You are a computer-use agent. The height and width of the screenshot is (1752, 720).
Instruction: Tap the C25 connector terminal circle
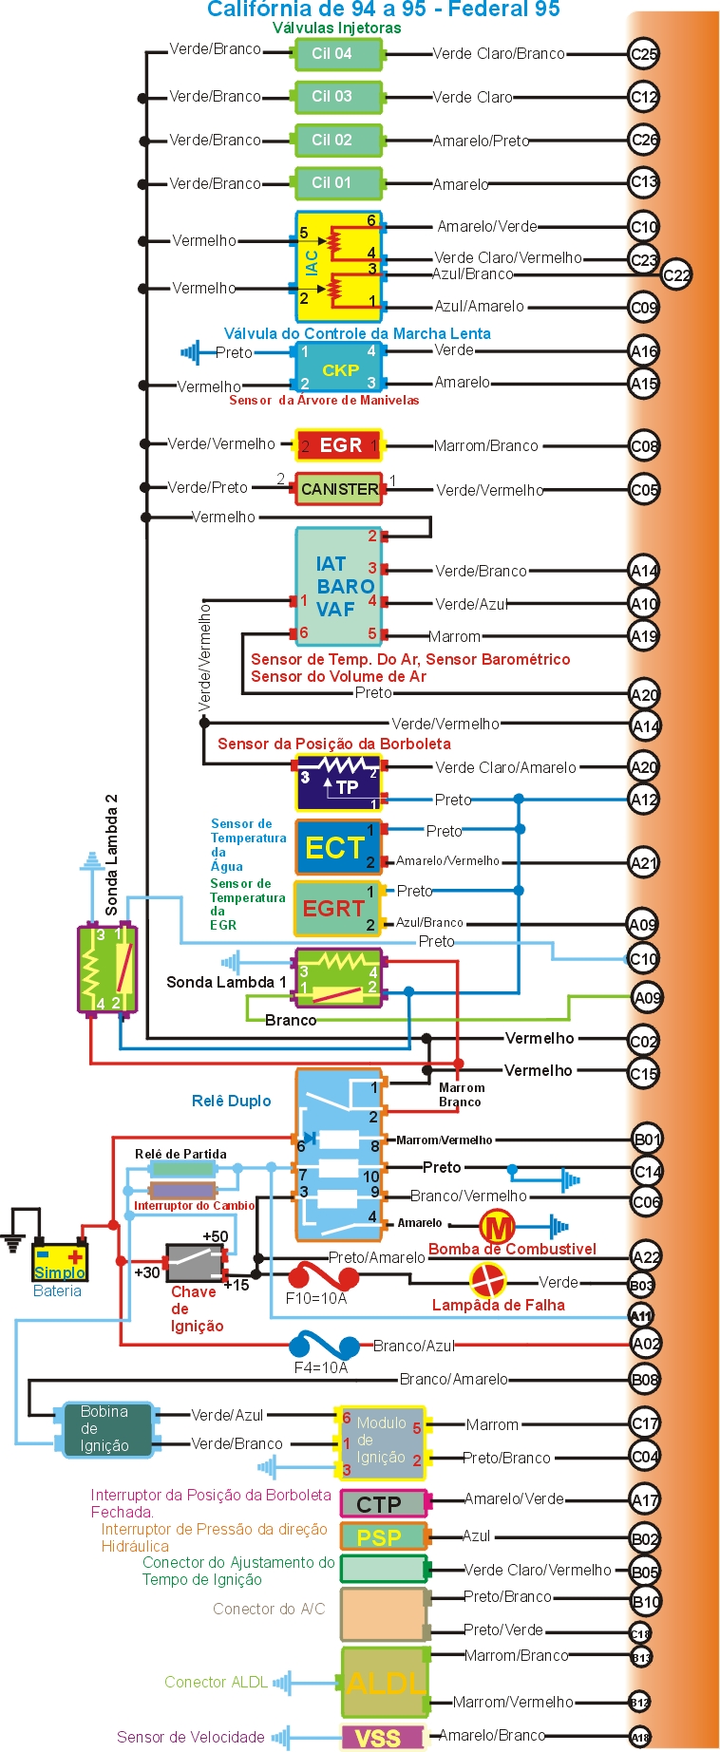point(644,54)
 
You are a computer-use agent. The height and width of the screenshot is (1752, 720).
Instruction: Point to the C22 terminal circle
point(676,275)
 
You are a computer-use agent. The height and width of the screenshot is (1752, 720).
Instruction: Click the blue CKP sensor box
point(339,368)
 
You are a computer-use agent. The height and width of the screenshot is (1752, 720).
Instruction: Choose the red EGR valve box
point(339,445)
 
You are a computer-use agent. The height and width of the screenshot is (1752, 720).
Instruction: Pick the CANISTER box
point(339,489)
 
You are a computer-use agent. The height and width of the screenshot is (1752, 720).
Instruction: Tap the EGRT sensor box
point(336,909)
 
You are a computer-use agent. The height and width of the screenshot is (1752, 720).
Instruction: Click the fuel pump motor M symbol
point(496,1227)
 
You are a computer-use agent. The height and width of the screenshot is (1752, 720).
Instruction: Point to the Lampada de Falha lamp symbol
point(488,1281)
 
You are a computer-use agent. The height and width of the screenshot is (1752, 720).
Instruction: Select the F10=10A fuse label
point(316,1298)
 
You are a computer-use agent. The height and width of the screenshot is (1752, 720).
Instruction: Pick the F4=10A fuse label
point(321,1367)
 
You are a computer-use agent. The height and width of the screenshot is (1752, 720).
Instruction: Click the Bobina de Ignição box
point(106,1429)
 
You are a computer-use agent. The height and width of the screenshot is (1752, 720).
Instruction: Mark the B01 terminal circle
point(647,1140)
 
